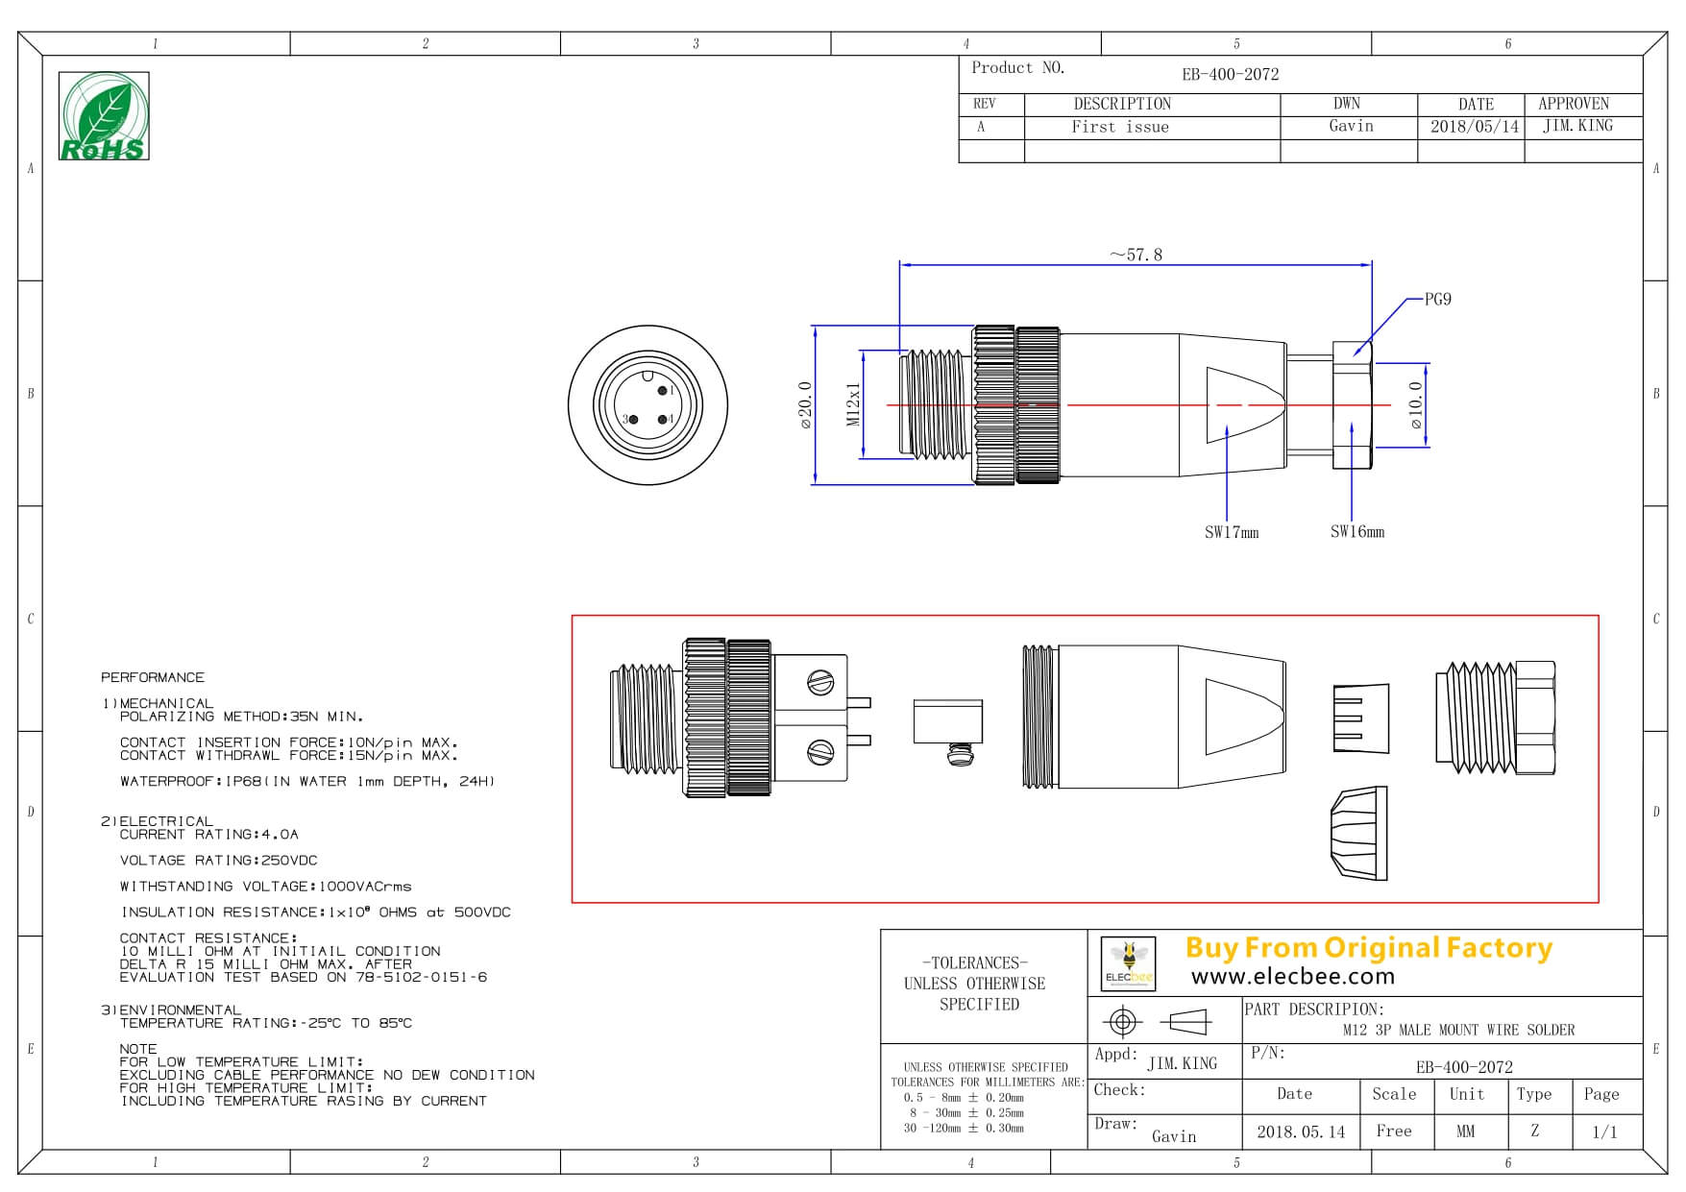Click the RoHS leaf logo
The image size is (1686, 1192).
click(104, 115)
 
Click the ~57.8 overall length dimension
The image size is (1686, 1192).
click(1136, 255)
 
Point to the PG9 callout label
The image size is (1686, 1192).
click(1437, 300)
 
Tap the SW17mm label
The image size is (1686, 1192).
click(1231, 532)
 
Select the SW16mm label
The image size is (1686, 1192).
click(1356, 531)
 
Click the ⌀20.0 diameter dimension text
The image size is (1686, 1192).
click(805, 405)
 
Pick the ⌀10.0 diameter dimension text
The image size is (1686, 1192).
click(1415, 405)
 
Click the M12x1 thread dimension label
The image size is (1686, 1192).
click(853, 404)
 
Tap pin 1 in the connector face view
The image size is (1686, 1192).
click(663, 390)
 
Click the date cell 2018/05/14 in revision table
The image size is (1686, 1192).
click(1474, 127)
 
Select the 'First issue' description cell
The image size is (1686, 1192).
click(1120, 127)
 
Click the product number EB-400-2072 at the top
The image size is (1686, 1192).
click(1230, 74)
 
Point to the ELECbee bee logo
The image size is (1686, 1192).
click(1128, 962)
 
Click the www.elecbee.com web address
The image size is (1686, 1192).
click(1292, 977)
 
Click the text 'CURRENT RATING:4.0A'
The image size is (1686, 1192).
click(208, 835)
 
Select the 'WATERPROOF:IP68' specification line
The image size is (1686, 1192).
click(306, 782)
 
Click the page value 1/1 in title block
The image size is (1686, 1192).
click(1604, 1131)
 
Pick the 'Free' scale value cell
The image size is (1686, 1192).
click(1393, 1131)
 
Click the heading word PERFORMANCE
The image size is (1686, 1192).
click(153, 677)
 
